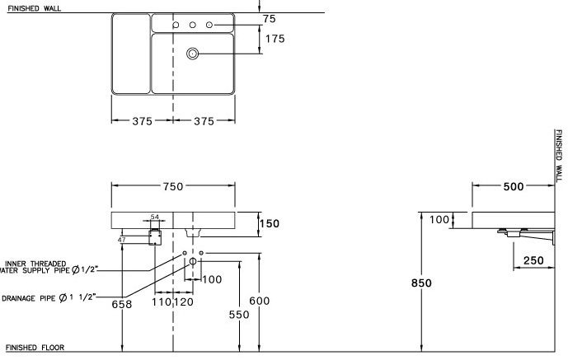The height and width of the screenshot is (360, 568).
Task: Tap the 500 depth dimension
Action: point(513,187)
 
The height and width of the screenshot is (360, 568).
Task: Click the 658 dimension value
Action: point(121,303)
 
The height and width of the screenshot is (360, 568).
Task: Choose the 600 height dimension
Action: point(259,302)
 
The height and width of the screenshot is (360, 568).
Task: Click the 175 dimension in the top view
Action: point(275,40)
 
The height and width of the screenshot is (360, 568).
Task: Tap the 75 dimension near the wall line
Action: point(269,18)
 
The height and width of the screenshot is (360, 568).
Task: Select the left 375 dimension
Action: point(142,121)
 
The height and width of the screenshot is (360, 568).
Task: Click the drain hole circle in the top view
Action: point(193,54)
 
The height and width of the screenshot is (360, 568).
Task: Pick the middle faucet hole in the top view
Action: point(192,26)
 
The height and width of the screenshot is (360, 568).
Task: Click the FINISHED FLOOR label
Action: point(35,348)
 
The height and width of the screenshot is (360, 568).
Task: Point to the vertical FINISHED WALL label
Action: point(558,156)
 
